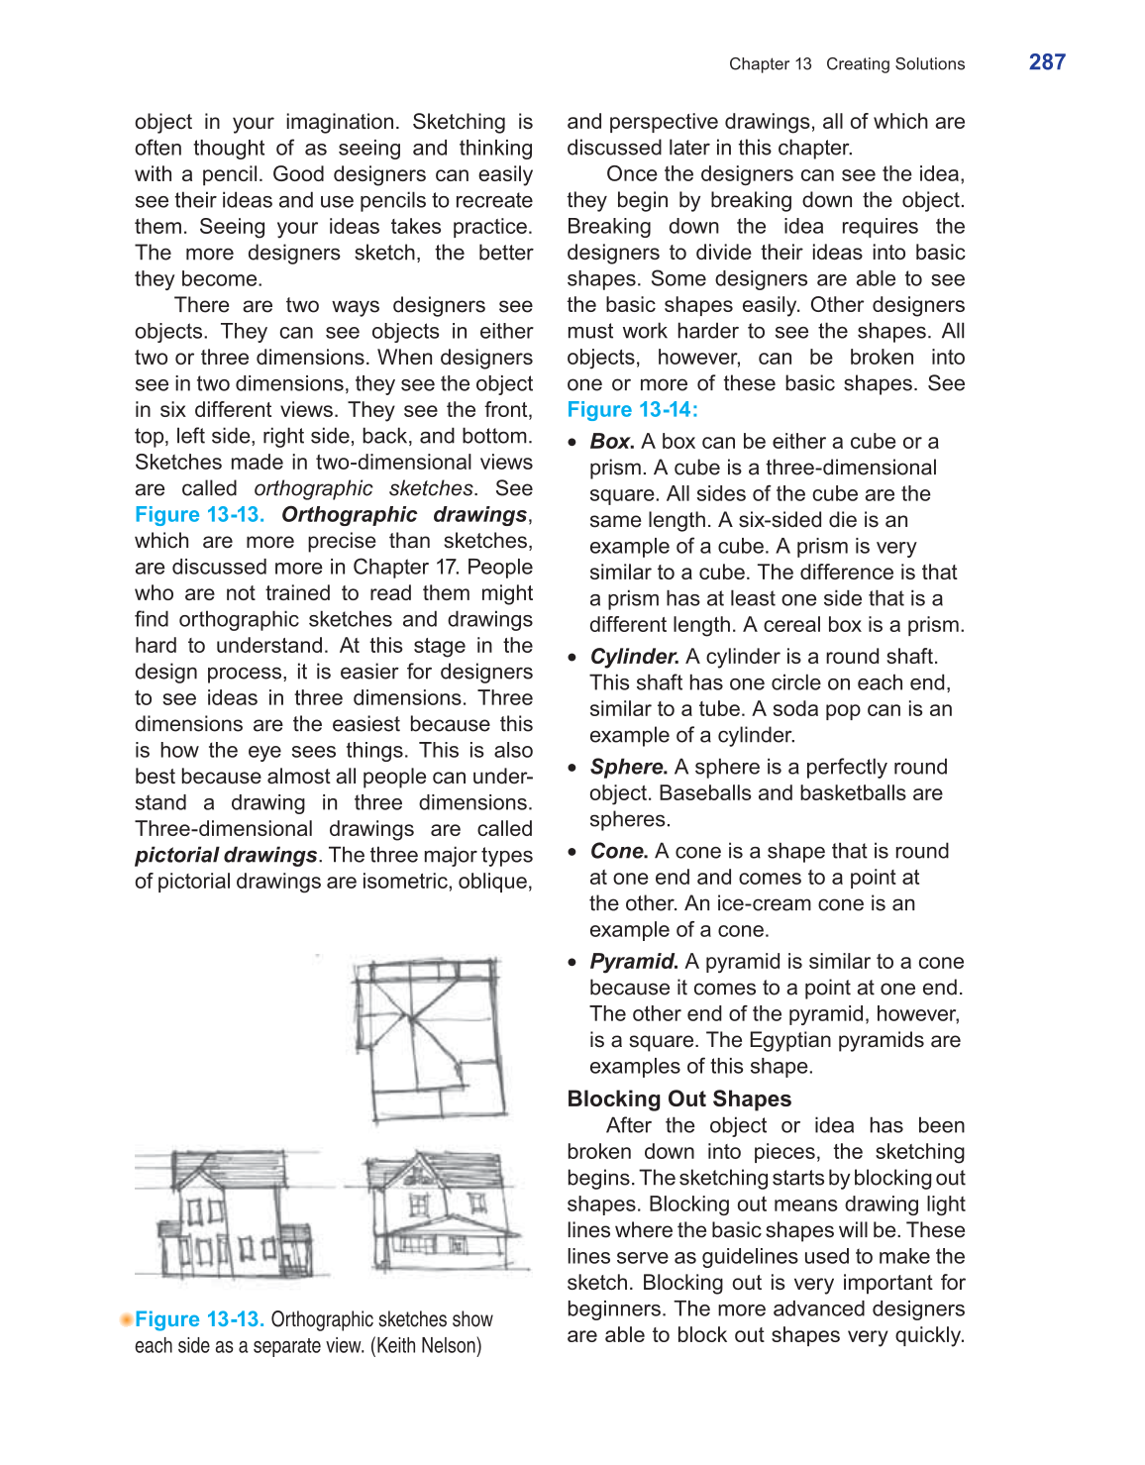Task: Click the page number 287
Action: pyautogui.click(x=1047, y=62)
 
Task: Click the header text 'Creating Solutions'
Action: pyautogui.click(x=895, y=64)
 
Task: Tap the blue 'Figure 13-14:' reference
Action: pyautogui.click(x=632, y=410)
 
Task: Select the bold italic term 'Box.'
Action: pyautogui.click(x=612, y=442)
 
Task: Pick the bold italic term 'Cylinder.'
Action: pyautogui.click(x=635, y=657)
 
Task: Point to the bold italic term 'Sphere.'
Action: pyautogui.click(x=629, y=768)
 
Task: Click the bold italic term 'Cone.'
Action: pyautogui.click(x=619, y=852)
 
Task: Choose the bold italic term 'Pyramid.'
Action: pyautogui.click(x=634, y=962)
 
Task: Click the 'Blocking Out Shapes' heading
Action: pyautogui.click(x=679, y=1099)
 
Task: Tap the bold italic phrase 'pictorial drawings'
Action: pyautogui.click(x=226, y=856)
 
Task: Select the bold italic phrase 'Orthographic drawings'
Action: pyautogui.click(x=404, y=515)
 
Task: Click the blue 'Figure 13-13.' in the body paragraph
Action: pyautogui.click(x=199, y=515)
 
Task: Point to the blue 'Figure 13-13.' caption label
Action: pyautogui.click(x=199, y=1320)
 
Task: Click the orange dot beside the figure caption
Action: pyautogui.click(x=126, y=1319)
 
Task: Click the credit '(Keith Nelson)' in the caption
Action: pyautogui.click(x=426, y=1346)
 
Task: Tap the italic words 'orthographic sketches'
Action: pyautogui.click(x=364, y=489)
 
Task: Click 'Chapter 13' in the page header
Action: pyautogui.click(x=770, y=64)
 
